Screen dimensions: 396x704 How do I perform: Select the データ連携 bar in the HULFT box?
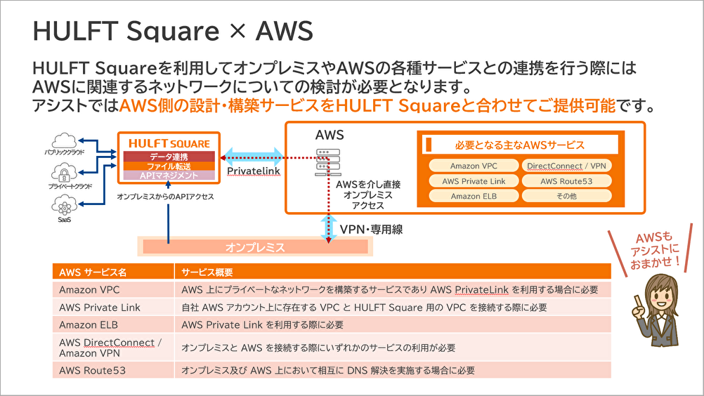pyautogui.click(x=169, y=156)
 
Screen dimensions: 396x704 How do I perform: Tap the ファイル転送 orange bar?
pyautogui.click(x=169, y=166)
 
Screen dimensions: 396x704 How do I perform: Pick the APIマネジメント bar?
pyautogui.click(x=169, y=176)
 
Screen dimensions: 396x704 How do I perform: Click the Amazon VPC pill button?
pyautogui.click(x=474, y=166)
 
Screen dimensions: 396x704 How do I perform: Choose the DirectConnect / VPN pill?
pyautogui.click(x=566, y=166)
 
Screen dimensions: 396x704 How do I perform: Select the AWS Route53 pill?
pyautogui.click(x=566, y=181)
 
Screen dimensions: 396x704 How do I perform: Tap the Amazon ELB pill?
pyautogui.click(x=474, y=196)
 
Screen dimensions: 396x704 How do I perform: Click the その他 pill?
pyautogui.click(x=566, y=196)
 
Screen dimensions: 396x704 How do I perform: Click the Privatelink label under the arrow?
pyautogui.click(x=254, y=171)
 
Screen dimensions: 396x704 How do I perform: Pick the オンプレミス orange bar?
pyautogui.click(x=255, y=247)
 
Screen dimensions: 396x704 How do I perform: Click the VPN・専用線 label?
pyautogui.click(x=371, y=230)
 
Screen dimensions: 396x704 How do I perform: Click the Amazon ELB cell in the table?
pyautogui.click(x=88, y=325)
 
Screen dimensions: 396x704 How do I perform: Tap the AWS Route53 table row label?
pyautogui.click(x=92, y=370)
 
